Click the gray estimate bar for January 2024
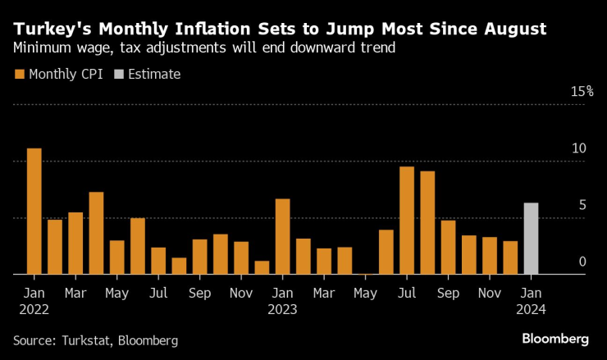[x=531, y=239]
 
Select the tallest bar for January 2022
[x=34, y=212]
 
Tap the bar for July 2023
[x=407, y=221]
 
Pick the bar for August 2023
[x=427, y=223]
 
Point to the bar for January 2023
[x=282, y=236]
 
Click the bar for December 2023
[x=510, y=257]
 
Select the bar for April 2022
[x=96, y=233]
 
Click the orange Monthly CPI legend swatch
[x=19, y=75]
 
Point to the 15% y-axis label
[x=582, y=92]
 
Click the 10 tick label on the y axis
[x=580, y=148]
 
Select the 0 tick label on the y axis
[x=582, y=262]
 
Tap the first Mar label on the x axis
[x=75, y=292]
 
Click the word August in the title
[x=508, y=30]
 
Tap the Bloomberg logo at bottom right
[x=555, y=339]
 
